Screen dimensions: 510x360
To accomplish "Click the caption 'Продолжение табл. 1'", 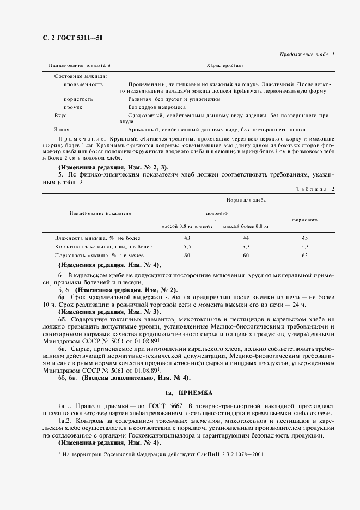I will (x=307, y=54).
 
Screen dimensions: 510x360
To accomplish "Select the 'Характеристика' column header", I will (x=225, y=65).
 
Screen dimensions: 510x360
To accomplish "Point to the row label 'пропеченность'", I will (x=83, y=84).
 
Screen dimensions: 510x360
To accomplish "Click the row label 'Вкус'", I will (x=60, y=116).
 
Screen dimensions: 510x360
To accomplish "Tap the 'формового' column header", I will (x=304, y=220).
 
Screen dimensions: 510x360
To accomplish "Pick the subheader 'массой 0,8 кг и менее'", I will (x=187, y=226).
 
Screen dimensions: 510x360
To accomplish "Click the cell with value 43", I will (x=187, y=239).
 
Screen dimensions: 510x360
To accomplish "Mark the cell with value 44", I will (x=246, y=239).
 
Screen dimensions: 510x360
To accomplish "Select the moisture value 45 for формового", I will (x=304, y=239).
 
